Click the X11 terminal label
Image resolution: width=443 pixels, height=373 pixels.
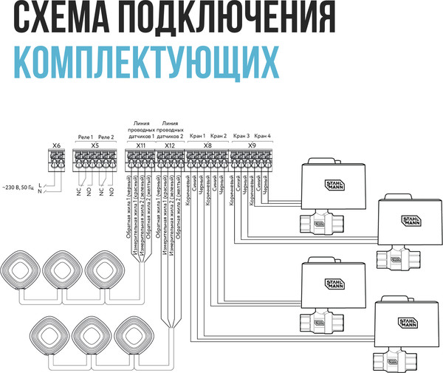(x=140, y=146)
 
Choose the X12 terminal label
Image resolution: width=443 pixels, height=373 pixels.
(x=170, y=146)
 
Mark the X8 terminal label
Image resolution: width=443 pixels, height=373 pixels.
(x=207, y=146)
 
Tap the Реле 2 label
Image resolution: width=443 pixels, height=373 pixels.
(x=106, y=137)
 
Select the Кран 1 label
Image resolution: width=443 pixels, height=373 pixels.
(x=196, y=136)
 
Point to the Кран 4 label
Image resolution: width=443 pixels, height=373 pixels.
(x=263, y=136)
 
